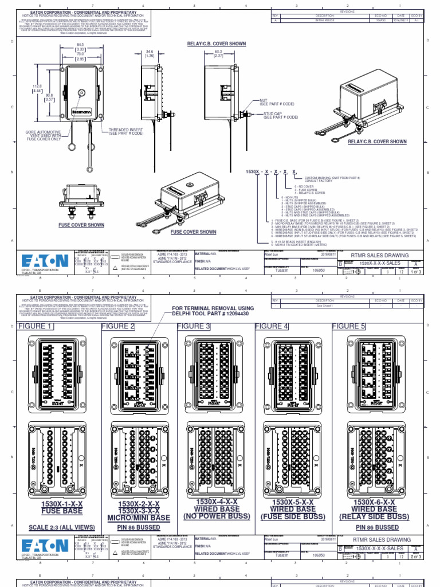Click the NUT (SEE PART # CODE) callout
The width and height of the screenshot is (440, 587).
click(x=278, y=103)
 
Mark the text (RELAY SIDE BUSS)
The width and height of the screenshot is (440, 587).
click(x=374, y=516)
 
